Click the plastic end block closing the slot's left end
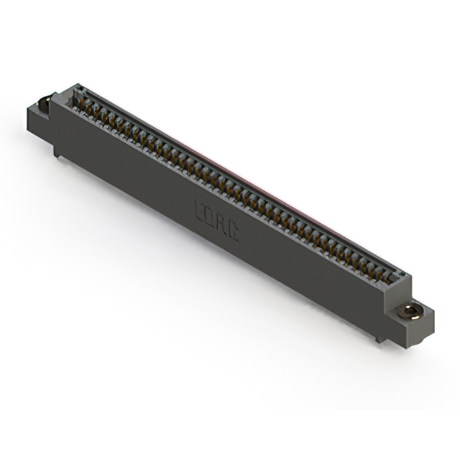tap(75, 94)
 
